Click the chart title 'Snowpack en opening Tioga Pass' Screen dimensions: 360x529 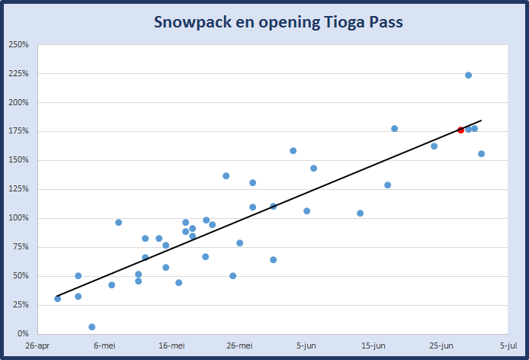[278, 22]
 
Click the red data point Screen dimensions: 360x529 [460, 130]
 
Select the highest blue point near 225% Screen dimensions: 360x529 [468, 75]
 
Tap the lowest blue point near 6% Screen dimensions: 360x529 [91, 327]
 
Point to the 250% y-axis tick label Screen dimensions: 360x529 [18, 44]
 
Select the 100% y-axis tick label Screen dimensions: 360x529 [18, 218]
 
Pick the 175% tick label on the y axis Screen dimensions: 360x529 [18, 131]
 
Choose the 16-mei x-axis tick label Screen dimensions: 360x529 [172, 346]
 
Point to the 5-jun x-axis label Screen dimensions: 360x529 [306, 346]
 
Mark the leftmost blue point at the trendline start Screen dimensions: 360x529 [57, 298]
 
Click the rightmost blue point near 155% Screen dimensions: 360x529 [481, 154]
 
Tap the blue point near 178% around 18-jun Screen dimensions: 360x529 [394, 129]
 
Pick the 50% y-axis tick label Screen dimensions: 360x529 [21, 276]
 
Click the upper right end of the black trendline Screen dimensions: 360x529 [481, 121]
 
